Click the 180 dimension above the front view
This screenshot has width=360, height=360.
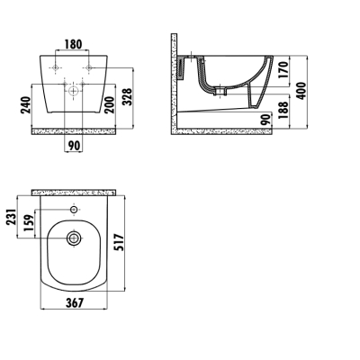[x=73, y=44]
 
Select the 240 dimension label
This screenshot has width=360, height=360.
[x=26, y=104]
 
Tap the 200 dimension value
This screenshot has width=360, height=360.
[x=110, y=104]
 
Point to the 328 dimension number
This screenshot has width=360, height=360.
[x=128, y=96]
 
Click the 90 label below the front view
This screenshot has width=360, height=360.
[x=74, y=146]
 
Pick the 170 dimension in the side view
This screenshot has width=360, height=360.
[x=283, y=69]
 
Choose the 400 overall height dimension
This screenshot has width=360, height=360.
[x=301, y=91]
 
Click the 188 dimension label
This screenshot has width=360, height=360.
[x=283, y=110]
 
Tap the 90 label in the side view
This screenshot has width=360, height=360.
[x=266, y=120]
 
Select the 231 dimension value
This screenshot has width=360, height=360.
[x=11, y=217]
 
